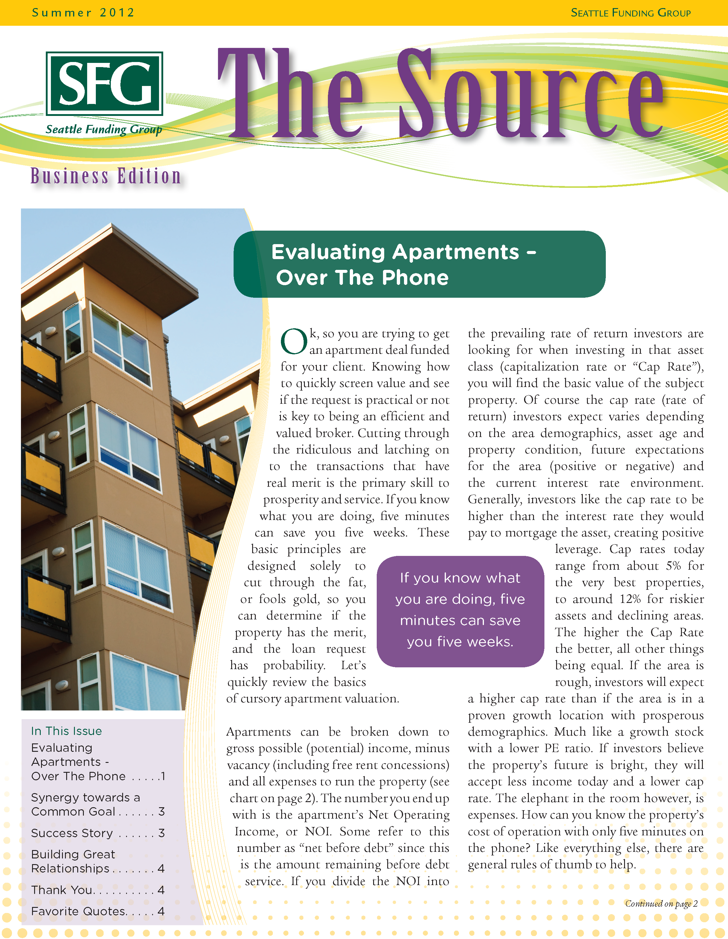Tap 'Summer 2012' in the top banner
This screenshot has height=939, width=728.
click(x=83, y=13)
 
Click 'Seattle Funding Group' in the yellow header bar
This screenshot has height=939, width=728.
click(x=630, y=13)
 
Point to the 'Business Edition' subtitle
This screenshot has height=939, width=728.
click(x=106, y=176)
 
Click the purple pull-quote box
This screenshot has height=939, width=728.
click(x=460, y=610)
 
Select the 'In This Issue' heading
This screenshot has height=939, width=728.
click(x=66, y=731)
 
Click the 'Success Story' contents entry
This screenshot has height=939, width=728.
click(x=72, y=833)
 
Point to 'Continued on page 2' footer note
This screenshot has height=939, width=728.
click(x=661, y=903)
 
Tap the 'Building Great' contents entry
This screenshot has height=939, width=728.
click(x=73, y=854)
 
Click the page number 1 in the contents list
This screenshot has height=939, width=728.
click(x=162, y=776)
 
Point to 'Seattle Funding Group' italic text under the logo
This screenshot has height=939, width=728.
click(x=104, y=129)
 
